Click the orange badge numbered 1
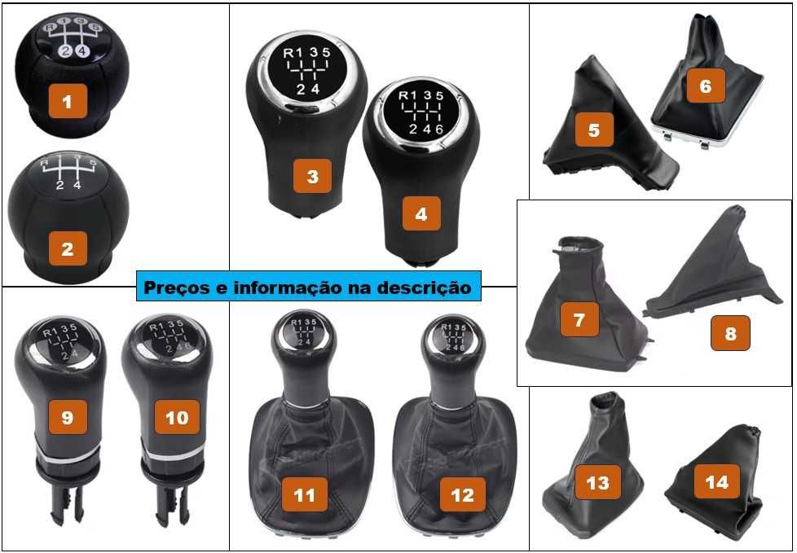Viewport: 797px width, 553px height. (x=67, y=102)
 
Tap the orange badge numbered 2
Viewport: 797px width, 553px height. (x=67, y=249)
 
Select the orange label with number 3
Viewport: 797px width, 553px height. (x=312, y=177)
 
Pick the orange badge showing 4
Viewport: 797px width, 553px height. (x=421, y=215)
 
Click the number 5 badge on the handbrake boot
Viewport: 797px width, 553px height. (x=594, y=129)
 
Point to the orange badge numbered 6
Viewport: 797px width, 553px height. (x=706, y=85)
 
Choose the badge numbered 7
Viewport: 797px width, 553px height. (x=579, y=320)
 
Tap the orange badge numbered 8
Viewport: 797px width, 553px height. (x=729, y=333)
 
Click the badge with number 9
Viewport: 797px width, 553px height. (x=67, y=418)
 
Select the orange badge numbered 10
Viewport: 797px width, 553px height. (x=176, y=418)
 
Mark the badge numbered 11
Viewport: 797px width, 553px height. (x=304, y=494)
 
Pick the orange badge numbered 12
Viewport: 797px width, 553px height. (x=462, y=494)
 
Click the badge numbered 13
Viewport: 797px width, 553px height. (x=597, y=483)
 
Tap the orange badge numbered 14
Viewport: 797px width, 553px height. (x=716, y=481)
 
